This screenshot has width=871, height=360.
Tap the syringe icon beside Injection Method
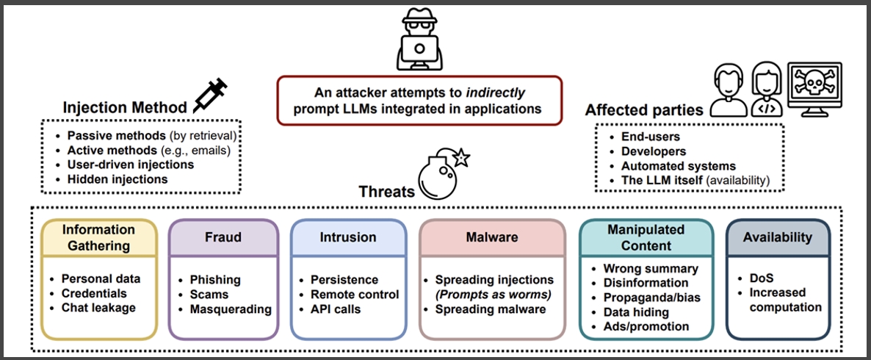(211, 95)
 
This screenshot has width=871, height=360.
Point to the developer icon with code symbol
(767, 89)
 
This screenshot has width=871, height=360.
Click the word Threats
(386, 192)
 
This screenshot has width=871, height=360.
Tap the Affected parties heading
(644, 110)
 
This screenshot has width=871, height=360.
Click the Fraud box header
(223, 237)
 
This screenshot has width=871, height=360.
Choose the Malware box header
(492, 237)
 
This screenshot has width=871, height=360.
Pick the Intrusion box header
(347, 237)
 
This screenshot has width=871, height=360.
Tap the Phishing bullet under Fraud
(215, 279)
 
